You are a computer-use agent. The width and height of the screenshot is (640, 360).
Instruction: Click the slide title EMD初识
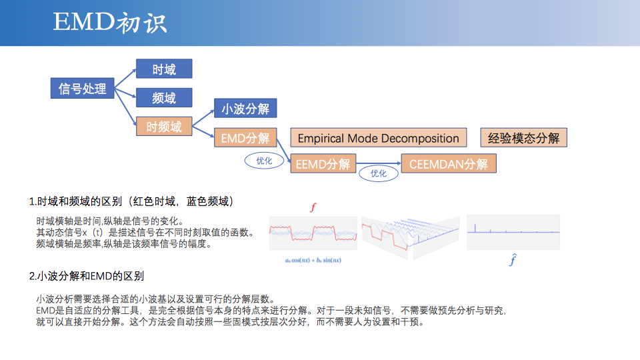(x=110, y=23)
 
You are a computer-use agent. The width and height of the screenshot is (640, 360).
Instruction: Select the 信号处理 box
(x=83, y=89)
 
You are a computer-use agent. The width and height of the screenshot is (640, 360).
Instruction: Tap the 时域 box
(x=164, y=69)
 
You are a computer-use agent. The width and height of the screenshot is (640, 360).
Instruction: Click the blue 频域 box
(x=164, y=98)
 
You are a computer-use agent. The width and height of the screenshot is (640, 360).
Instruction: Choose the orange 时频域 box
(x=164, y=127)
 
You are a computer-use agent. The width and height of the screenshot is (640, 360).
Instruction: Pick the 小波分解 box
(x=245, y=109)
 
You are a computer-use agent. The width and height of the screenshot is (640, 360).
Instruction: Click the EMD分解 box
(x=245, y=138)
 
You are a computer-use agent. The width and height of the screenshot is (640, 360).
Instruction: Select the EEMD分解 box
(x=323, y=164)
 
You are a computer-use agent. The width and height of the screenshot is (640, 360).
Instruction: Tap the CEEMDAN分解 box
(x=448, y=164)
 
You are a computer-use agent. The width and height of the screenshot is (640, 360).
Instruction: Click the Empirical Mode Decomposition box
(x=378, y=138)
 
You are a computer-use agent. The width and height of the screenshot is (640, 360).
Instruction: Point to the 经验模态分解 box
(x=523, y=138)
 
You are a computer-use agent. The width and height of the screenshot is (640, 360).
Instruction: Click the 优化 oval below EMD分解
(x=264, y=161)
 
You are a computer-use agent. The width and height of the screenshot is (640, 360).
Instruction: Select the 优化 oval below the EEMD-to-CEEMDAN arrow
(x=379, y=173)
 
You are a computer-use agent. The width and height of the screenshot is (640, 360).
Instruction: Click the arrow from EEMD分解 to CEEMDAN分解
(x=378, y=163)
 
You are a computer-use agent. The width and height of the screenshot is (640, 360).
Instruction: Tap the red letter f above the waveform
(x=313, y=207)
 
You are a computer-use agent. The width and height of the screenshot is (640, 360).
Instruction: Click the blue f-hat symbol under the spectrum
(x=513, y=260)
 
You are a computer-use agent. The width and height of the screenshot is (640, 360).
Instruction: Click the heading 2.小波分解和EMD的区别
(x=87, y=276)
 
